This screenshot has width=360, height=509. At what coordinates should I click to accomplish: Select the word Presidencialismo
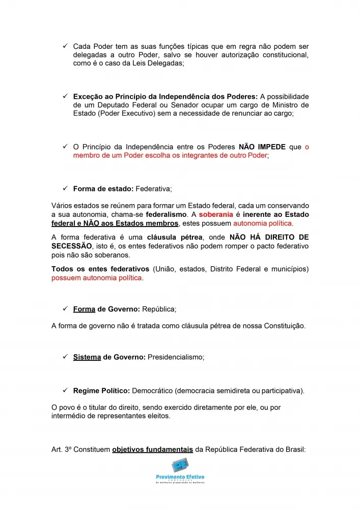pyautogui.click(x=176, y=357)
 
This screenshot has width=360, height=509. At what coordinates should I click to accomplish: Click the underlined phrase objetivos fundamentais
pyautogui.click(x=152, y=450)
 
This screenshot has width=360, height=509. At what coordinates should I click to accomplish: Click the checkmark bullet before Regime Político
pyautogui.click(x=65, y=390)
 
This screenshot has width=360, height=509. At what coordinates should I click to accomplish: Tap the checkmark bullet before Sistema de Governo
pyautogui.click(x=65, y=357)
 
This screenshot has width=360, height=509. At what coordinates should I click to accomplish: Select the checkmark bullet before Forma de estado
pyautogui.click(x=65, y=188)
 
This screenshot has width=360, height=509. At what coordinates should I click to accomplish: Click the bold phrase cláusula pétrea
pyautogui.click(x=172, y=237)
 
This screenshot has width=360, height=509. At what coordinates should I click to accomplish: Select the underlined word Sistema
pyautogui.click(x=87, y=357)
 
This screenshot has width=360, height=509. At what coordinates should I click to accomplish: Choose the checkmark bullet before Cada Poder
pyautogui.click(x=65, y=46)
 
